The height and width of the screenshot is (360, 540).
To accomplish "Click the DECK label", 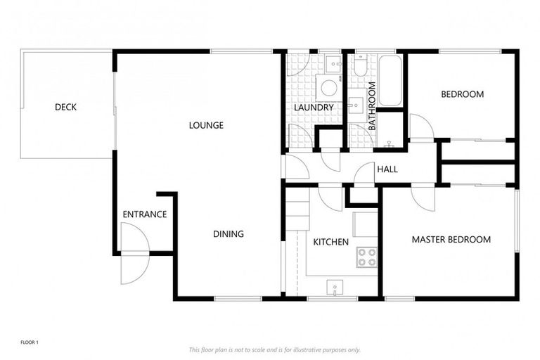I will (65, 108).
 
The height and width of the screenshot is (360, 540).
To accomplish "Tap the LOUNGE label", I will (206, 126).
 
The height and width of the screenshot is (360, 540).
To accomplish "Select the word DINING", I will (229, 234).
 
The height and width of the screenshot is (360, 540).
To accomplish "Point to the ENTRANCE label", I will (144, 214).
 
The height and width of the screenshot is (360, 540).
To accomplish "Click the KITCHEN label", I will (330, 242).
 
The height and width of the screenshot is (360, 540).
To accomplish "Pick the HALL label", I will (387, 169).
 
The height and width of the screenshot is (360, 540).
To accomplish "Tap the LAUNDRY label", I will (314, 108).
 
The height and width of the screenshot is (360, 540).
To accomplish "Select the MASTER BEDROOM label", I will (451, 240).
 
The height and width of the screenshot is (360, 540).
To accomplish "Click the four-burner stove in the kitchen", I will (366, 257).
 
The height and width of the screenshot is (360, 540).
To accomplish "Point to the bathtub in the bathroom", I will (390, 81).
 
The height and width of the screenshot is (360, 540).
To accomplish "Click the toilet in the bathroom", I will (360, 67).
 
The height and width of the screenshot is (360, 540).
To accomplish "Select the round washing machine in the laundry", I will (328, 88).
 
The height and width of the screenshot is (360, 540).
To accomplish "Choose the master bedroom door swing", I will (424, 198).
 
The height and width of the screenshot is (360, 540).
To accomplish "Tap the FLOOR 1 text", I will (29, 342).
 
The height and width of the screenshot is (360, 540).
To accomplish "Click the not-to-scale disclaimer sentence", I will (274, 349).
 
